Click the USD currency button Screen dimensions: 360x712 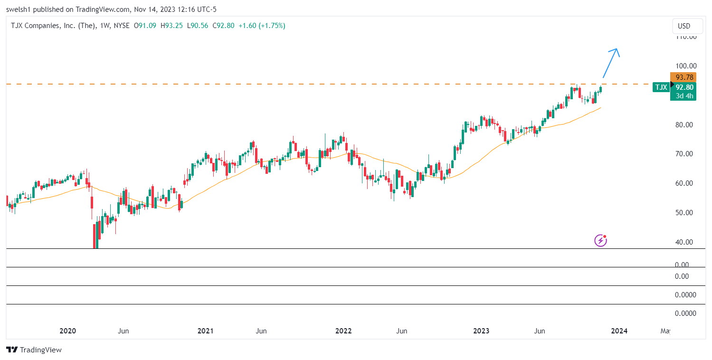(684, 26)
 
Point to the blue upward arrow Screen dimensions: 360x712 (611, 62)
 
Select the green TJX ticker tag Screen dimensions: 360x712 (661, 87)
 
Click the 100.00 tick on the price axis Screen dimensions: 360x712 (686, 66)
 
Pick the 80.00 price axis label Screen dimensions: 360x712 (686, 125)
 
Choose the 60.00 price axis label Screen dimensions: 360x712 (686, 183)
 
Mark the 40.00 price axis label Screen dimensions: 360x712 (686, 242)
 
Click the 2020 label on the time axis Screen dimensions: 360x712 (68, 331)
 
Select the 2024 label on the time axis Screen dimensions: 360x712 (619, 331)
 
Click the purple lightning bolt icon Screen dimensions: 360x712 (600, 240)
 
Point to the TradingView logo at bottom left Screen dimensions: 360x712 (34, 350)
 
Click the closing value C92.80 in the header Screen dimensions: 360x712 (223, 26)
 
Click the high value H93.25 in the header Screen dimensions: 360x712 (171, 26)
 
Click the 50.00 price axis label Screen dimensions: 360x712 (686, 213)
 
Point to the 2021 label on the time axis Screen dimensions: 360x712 (205, 331)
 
